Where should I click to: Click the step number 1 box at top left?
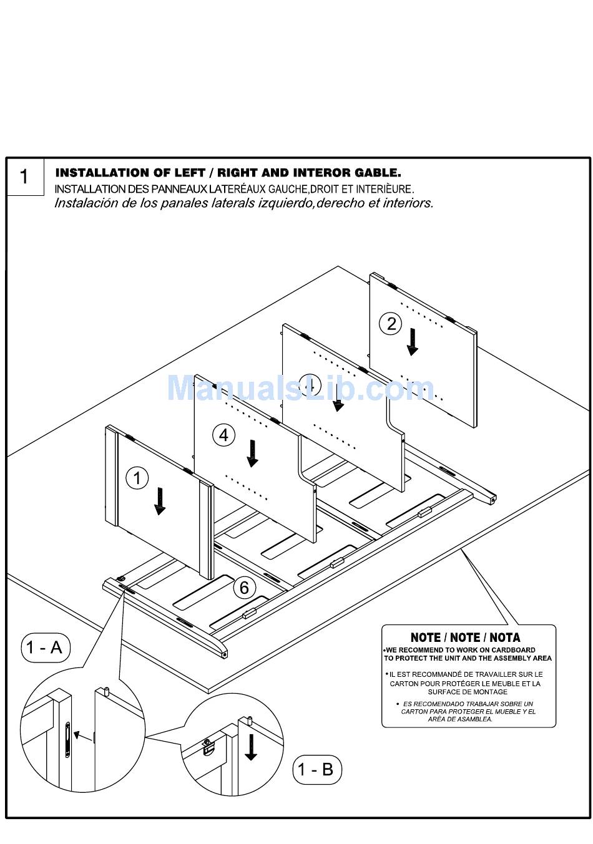click(25, 177)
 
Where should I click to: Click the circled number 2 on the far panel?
click(391, 324)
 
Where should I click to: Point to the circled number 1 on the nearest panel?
click(137, 478)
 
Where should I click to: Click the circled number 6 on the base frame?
click(244, 587)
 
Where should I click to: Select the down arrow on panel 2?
click(412, 342)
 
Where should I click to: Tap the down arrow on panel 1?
click(160, 501)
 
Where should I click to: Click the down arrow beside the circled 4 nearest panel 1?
click(252, 453)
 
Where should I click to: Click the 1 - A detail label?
click(45, 648)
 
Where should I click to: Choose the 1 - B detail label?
click(316, 769)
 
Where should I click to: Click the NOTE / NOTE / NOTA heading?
click(465, 638)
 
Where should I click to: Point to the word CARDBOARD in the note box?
click(513, 650)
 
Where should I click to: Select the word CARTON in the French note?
click(403, 684)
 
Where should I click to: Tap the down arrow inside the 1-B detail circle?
click(251, 747)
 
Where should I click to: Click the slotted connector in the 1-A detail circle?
click(67, 739)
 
